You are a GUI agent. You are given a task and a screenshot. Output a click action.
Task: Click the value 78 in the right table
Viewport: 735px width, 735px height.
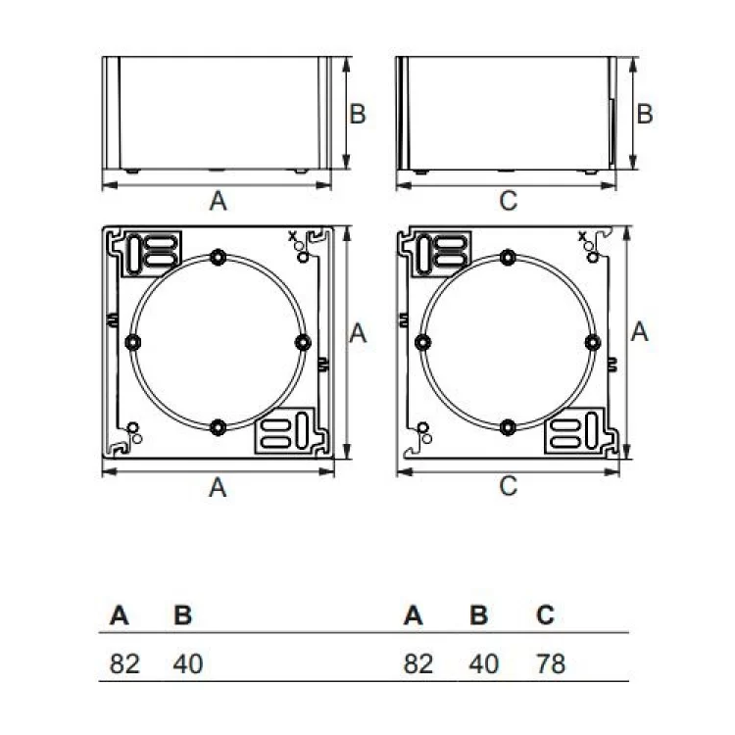pos(551,663)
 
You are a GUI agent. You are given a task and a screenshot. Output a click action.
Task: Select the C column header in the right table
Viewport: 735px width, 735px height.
pos(546,615)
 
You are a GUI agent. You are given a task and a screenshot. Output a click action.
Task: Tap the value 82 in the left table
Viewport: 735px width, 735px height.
pos(124,663)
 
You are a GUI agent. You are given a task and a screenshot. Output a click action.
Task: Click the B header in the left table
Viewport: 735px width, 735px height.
pos(182,615)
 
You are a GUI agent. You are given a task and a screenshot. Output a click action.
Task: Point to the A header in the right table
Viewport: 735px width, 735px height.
pos(414,615)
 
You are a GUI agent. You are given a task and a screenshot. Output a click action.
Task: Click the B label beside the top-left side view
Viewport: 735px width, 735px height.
pos(358,114)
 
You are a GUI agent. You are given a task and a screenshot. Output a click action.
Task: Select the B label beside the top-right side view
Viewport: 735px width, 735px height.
pos(644,114)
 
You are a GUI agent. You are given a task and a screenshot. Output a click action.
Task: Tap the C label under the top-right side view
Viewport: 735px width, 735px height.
pos(508,201)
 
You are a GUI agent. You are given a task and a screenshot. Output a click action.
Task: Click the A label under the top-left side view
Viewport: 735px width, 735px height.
pos(219,201)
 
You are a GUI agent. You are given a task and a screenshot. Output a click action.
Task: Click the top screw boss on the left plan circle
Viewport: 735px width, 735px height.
pos(218,257)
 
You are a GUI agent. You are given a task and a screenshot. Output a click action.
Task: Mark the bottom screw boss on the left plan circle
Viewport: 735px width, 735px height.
pos(218,426)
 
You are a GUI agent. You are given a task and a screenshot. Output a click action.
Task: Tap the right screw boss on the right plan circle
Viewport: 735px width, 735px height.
pos(592,341)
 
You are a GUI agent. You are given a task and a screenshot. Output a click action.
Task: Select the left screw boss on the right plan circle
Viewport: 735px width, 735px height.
pos(422,341)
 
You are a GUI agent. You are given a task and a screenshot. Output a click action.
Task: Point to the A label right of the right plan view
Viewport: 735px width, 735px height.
pos(640,333)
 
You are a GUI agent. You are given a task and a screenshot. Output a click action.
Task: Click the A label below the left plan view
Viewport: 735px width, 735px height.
pos(219,486)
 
